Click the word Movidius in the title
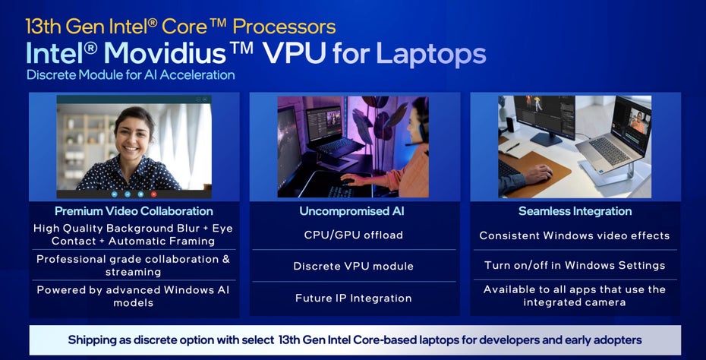tap(164, 54)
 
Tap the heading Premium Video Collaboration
tap(134, 211)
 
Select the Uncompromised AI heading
tap(351, 211)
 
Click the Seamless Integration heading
tap(575, 211)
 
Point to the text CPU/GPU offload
tap(353, 235)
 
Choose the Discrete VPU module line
tap(353, 266)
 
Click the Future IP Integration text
tap(353, 298)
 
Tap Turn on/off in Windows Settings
tap(575, 265)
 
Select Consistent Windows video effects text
tap(575, 235)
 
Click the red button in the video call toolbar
tap(153, 194)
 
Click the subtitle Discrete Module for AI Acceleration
tap(131, 74)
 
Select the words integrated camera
tap(575, 302)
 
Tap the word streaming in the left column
tap(134, 272)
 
